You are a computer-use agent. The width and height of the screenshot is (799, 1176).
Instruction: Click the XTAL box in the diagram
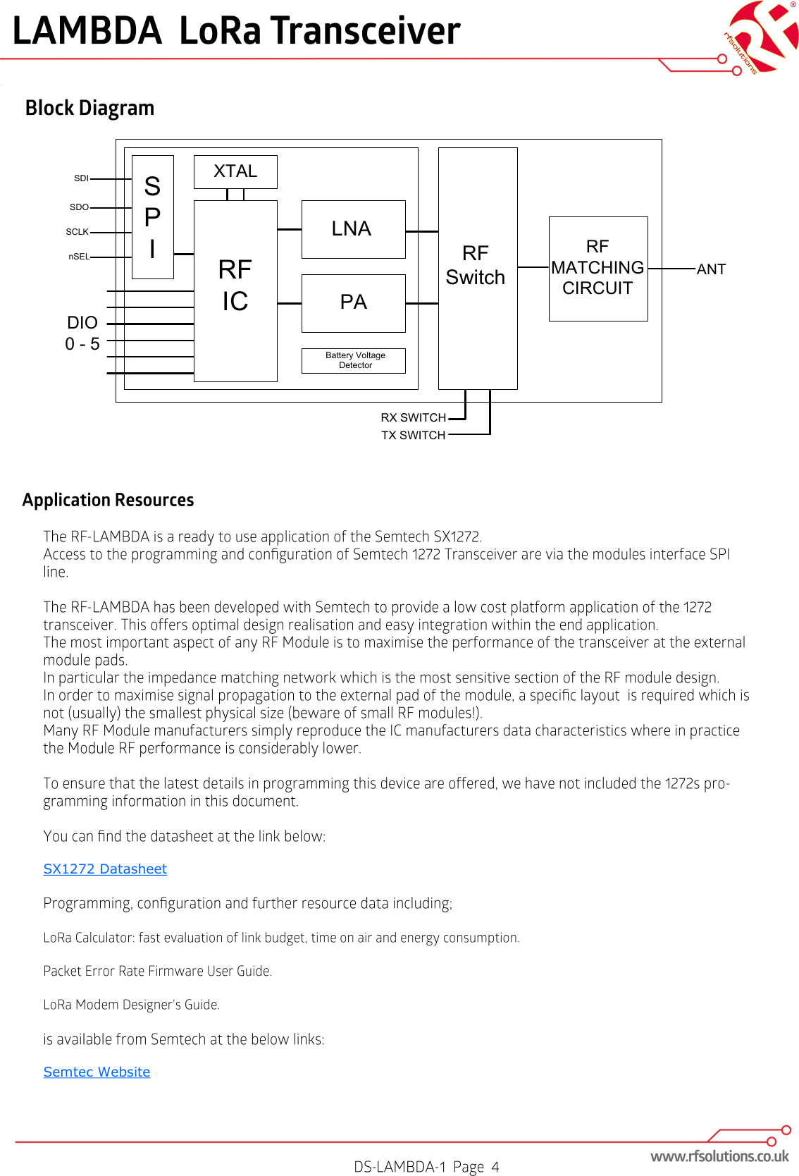coord(235,171)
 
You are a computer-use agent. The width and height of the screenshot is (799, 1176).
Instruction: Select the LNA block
coord(353,229)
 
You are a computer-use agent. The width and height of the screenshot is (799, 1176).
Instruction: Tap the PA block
coord(353,302)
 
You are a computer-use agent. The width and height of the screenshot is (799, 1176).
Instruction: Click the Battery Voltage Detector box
coord(354,360)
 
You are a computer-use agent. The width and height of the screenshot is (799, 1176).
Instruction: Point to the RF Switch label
coord(476,266)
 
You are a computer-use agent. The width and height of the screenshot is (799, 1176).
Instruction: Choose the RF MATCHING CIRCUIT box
coord(597,268)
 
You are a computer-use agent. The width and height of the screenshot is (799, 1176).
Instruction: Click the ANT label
coord(711,269)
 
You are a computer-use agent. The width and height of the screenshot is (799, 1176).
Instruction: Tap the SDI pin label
coord(81,178)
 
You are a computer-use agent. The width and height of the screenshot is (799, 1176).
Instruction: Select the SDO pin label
coord(79,207)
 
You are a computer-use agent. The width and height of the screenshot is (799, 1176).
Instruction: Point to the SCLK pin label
coord(78,232)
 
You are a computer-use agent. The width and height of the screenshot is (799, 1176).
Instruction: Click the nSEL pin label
coord(79,257)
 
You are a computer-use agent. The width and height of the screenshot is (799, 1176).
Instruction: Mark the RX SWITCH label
coord(413,417)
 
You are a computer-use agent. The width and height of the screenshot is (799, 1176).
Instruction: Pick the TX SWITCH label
coord(413,435)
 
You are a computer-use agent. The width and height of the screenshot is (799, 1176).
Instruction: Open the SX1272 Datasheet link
coord(105,869)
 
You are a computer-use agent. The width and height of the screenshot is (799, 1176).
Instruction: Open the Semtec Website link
coord(97,1072)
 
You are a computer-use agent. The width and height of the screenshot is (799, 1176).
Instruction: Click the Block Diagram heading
coord(89,108)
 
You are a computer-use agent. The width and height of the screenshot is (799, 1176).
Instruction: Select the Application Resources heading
coord(108,500)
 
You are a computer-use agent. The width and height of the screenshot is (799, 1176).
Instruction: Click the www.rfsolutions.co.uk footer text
coord(719,1156)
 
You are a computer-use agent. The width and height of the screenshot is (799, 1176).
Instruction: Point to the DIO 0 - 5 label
coord(82,333)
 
